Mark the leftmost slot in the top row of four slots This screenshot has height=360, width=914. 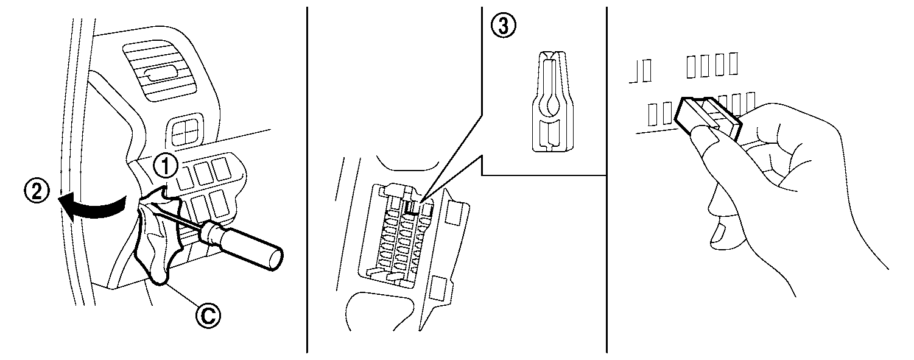point(692,66)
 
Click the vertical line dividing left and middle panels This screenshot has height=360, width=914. point(307,180)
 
